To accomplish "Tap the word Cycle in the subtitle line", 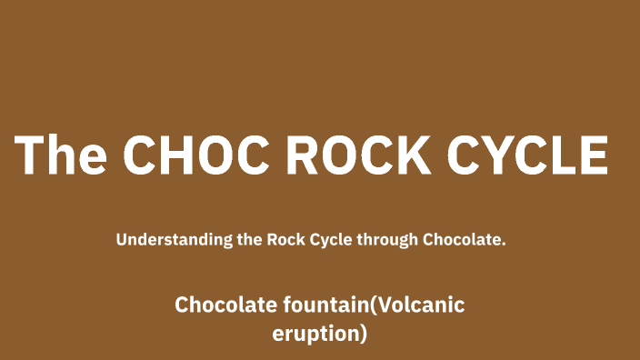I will click(x=332, y=241).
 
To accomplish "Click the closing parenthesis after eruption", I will click(x=364, y=335).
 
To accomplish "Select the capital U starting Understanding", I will click(x=122, y=241).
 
